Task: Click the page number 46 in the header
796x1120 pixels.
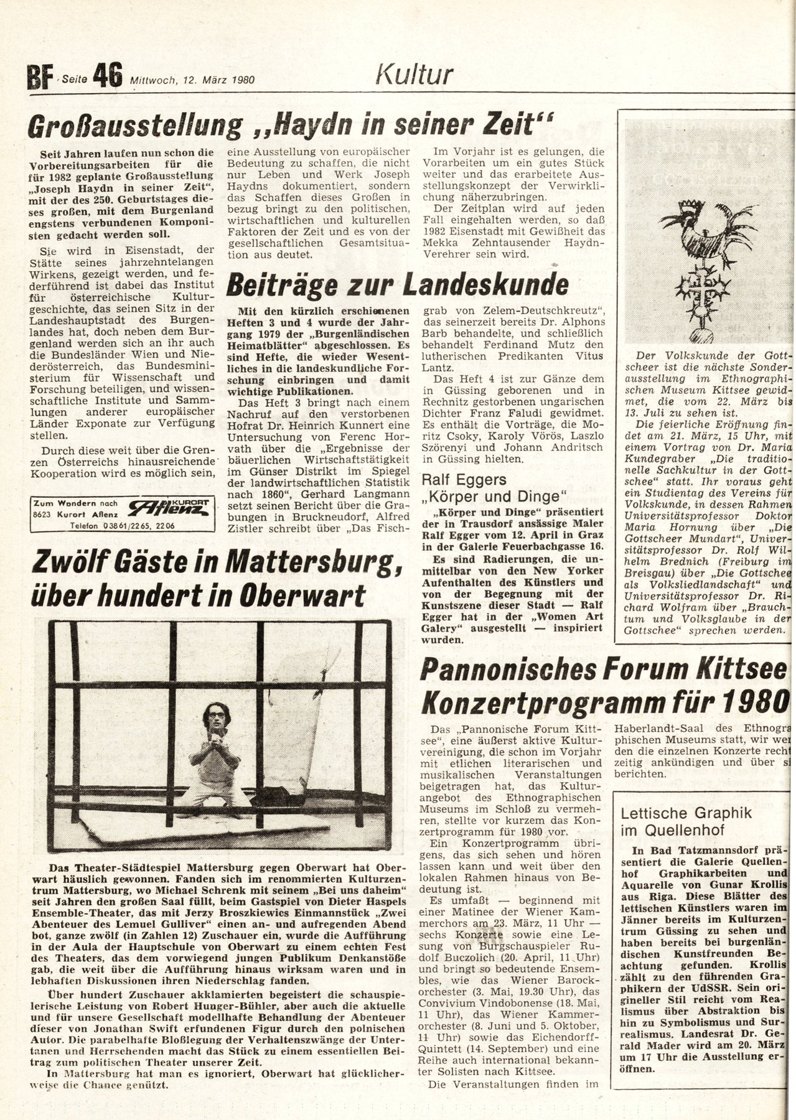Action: tap(107, 76)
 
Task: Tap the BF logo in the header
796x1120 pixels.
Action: tap(39, 78)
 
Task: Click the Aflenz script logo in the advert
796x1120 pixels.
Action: tap(167, 508)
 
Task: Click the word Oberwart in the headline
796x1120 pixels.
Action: tap(298, 595)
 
